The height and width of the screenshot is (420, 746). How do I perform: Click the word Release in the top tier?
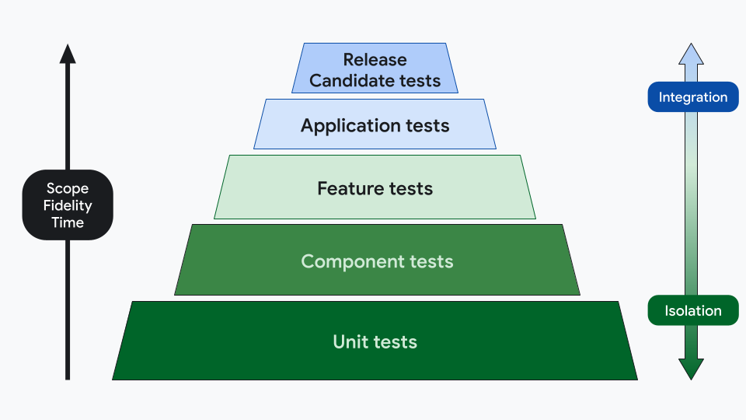click(x=375, y=60)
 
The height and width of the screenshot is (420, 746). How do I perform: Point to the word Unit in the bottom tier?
click(x=350, y=341)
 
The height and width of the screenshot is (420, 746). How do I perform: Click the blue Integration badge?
click(x=692, y=97)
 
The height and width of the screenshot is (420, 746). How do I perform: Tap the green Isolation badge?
click(x=692, y=311)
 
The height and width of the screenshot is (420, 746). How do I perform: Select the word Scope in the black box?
click(x=68, y=188)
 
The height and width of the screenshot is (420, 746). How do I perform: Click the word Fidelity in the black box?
click(x=68, y=205)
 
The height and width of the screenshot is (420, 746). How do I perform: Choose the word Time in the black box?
click(x=68, y=222)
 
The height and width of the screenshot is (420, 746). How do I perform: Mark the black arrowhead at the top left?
click(x=68, y=54)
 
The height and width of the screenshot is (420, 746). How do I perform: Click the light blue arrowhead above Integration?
click(x=692, y=54)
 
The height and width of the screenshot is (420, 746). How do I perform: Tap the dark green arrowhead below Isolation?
click(x=692, y=368)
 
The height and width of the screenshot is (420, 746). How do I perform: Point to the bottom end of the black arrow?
click(x=68, y=377)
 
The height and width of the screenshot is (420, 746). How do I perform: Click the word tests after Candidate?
click(x=420, y=80)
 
